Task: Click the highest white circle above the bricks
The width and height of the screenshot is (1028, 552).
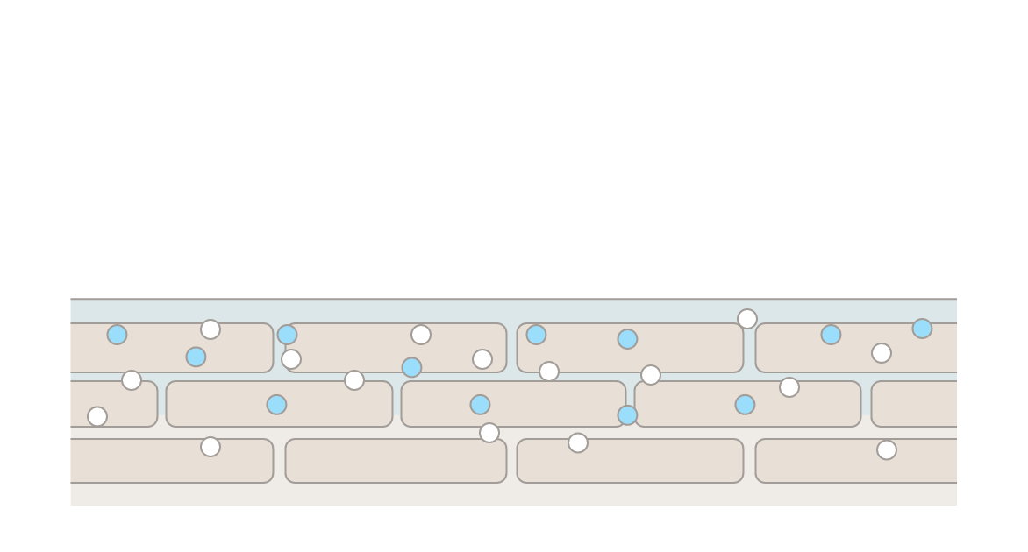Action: (747, 319)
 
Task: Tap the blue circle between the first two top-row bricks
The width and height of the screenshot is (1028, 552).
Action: (288, 335)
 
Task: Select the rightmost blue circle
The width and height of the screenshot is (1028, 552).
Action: (922, 329)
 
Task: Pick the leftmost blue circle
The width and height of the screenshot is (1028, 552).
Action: (117, 335)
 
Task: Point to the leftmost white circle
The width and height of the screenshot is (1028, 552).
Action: (97, 416)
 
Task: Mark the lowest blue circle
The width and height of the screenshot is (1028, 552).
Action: (627, 415)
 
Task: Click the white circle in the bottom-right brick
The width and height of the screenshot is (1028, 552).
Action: (887, 449)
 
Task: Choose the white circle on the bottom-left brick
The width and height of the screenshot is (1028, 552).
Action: (211, 447)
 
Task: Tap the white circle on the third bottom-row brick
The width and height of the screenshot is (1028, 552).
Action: (578, 442)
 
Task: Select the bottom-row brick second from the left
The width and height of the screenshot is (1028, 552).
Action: (396, 462)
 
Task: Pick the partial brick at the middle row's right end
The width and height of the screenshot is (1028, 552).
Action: (913, 404)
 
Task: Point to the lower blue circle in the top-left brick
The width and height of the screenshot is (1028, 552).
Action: (196, 357)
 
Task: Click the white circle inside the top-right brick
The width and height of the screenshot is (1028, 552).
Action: (882, 353)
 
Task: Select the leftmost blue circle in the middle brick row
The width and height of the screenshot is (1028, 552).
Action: (276, 405)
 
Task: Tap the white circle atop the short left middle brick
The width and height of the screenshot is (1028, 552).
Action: (132, 380)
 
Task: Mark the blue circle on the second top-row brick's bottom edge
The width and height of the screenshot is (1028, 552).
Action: (411, 367)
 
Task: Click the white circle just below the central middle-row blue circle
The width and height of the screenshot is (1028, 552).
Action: (489, 433)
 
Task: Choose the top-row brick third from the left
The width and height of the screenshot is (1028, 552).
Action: (630, 349)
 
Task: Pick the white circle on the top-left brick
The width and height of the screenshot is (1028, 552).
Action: (211, 329)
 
